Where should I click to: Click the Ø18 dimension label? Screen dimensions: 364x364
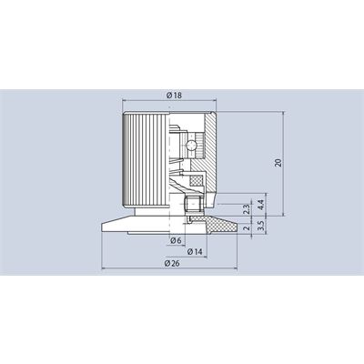[x=174, y=96]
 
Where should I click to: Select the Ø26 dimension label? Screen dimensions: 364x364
[x=172, y=263]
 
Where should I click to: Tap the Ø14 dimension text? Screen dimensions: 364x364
[x=195, y=251]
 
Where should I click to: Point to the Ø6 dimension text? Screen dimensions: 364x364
[x=176, y=240]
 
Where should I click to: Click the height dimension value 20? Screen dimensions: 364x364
[x=278, y=163]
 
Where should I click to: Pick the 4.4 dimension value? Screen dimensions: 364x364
[x=261, y=204]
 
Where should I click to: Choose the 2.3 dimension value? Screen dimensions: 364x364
[x=247, y=209]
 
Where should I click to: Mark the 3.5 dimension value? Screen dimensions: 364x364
[x=261, y=226]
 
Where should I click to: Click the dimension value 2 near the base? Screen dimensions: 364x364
[x=247, y=227]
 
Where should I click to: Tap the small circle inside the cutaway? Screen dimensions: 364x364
[x=192, y=145]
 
